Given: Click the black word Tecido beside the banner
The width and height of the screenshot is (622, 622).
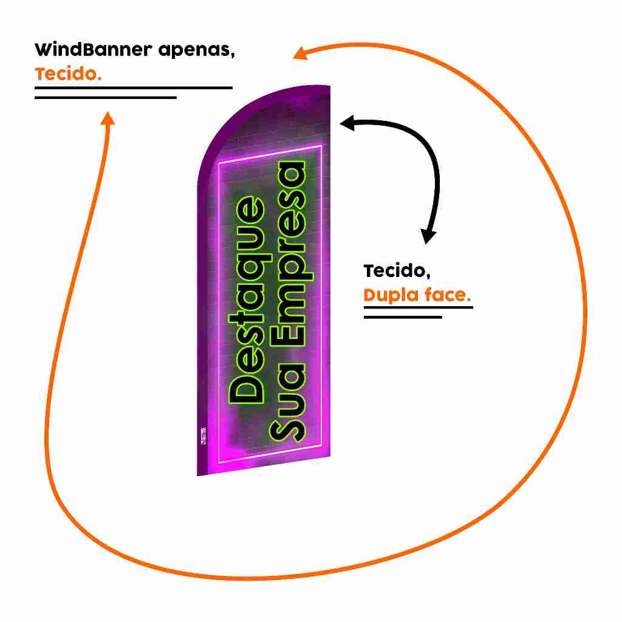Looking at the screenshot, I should click(397, 271).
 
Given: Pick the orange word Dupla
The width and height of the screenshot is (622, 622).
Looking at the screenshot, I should click(391, 296).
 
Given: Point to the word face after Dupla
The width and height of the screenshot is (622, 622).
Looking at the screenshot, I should click(446, 296).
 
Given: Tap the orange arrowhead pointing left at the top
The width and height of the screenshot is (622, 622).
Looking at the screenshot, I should click(299, 53).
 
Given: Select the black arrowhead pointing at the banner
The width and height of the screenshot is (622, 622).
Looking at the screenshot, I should click(347, 124).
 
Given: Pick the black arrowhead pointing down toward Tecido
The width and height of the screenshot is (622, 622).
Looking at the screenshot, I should click(429, 236).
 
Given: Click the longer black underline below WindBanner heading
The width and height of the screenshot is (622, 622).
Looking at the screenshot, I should click(134, 87).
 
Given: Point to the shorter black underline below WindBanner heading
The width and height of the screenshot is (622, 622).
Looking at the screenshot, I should click(106, 97).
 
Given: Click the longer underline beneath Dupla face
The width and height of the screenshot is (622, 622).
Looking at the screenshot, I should click(418, 307).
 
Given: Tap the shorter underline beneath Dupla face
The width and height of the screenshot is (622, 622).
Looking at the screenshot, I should click(403, 317).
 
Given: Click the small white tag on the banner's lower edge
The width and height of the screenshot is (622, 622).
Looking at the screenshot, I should click(203, 436).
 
